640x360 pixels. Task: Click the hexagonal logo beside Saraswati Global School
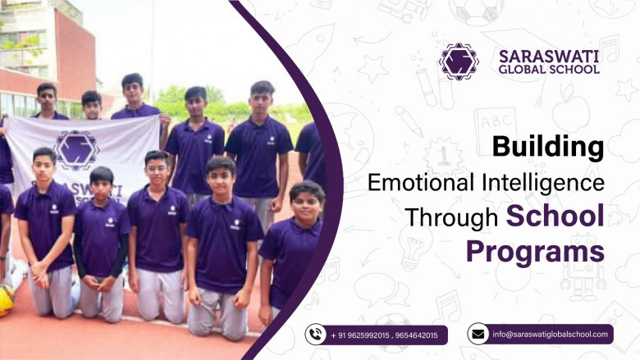[x=459, y=62]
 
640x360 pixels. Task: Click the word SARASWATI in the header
[x=549, y=57]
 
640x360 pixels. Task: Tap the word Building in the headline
[x=548, y=146]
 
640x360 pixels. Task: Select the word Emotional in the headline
[x=421, y=182]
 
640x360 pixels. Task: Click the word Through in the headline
[x=452, y=217]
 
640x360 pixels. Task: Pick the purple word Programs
[x=535, y=253]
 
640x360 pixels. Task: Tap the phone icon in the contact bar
[x=316, y=335]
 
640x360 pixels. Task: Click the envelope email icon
[x=478, y=335]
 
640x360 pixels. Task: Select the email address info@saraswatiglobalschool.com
[x=551, y=335]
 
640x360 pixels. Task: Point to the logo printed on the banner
[x=76, y=150]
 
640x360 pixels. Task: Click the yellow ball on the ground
[x=6, y=300]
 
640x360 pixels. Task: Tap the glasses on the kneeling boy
[x=157, y=168]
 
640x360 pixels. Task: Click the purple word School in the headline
[x=555, y=216]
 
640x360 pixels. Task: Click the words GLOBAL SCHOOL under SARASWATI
[x=549, y=70]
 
